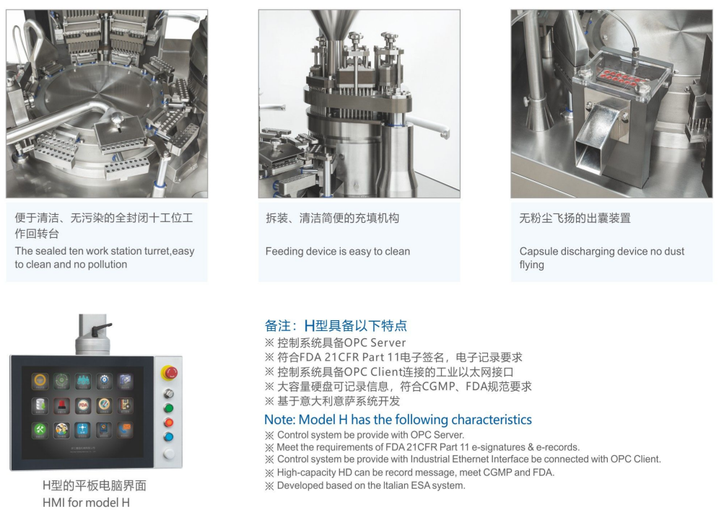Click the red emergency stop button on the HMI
pos(170,372)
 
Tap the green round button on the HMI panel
pos(169,408)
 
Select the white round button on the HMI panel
pos(169,453)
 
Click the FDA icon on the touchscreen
pos(83,406)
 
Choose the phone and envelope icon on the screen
pos(125,430)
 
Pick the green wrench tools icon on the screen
pos(40,430)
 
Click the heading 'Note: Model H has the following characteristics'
pos(398,420)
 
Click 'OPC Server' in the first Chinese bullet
pos(375,343)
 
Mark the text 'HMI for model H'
pos(86,503)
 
